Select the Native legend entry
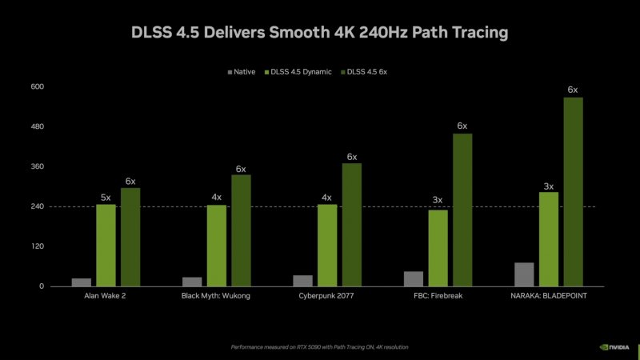[241, 72]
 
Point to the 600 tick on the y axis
[37, 86]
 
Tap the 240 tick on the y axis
[37, 206]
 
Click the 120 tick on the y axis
[37, 246]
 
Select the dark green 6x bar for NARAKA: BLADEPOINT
[573, 192]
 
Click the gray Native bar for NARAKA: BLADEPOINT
[524, 274]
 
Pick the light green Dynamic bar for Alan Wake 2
[106, 245]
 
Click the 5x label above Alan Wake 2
[106, 197]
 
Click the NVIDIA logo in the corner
[615, 347]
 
